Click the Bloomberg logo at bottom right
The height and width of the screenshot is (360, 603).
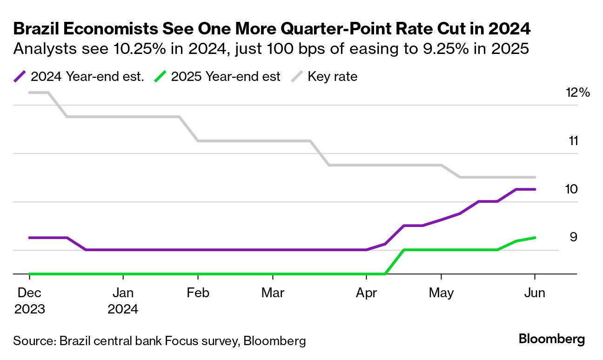(551, 339)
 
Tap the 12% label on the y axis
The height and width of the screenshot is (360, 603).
(577, 93)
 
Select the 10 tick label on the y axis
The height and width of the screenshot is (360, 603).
(572, 189)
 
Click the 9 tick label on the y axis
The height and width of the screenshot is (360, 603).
(573, 237)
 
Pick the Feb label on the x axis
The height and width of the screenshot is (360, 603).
(198, 293)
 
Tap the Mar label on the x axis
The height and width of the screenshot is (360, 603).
(273, 293)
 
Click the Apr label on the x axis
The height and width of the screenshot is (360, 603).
(367, 293)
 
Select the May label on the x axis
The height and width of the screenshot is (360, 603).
(441, 293)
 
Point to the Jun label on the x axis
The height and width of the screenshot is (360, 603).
(535, 293)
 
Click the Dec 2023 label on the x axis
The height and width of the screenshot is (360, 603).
(29, 301)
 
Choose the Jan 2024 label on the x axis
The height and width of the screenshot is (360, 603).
(123, 301)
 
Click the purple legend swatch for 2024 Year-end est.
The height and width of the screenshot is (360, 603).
(20, 77)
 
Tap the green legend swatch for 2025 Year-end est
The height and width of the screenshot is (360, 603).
(160, 77)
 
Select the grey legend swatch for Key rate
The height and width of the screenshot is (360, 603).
(296, 77)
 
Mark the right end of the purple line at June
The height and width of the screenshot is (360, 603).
(535, 189)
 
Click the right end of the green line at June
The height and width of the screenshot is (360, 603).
(535, 238)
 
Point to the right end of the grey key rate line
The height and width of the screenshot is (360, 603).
(535, 177)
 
